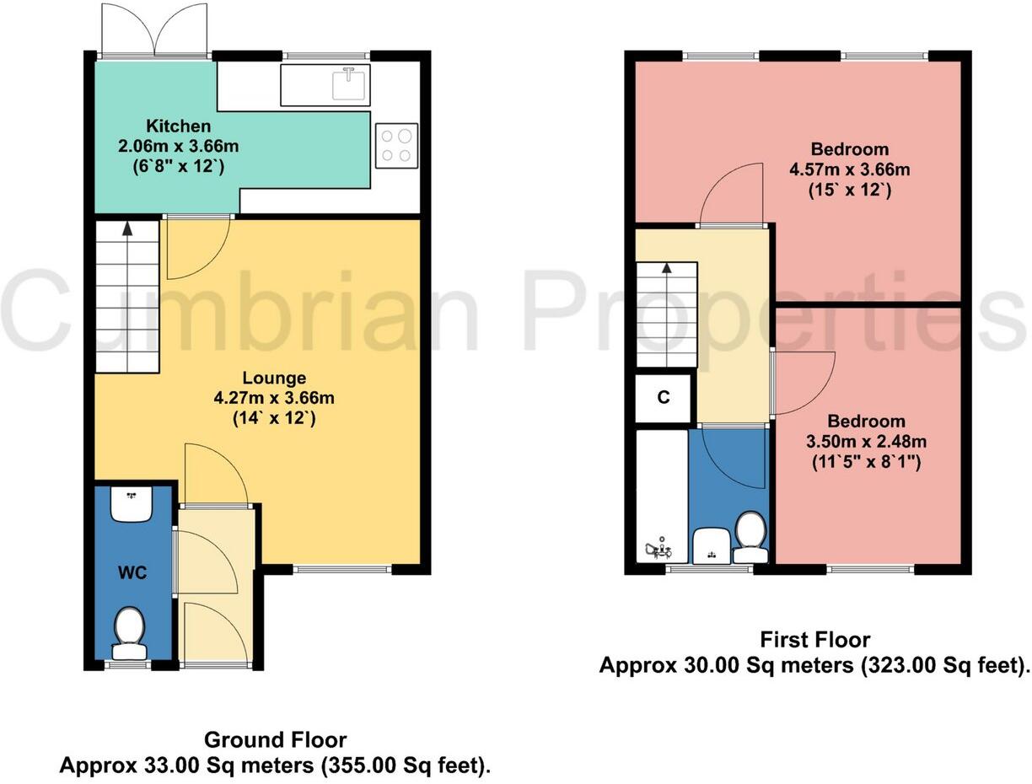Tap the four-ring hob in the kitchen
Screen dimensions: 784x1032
[x=396, y=143]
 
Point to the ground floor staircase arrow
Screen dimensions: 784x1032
[x=126, y=228]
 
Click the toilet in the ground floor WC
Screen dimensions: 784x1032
[x=129, y=631]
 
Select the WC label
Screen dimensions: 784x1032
[x=132, y=574]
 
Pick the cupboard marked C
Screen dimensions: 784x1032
[x=664, y=398]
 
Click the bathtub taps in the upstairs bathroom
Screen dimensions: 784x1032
[x=658, y=550]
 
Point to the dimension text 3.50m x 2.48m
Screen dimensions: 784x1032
[x=865, y=442]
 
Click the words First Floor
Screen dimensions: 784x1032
[x=814, y=639]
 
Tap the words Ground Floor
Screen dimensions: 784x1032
[x=275, y=740]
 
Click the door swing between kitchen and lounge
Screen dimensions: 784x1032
[x=196, y=248]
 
